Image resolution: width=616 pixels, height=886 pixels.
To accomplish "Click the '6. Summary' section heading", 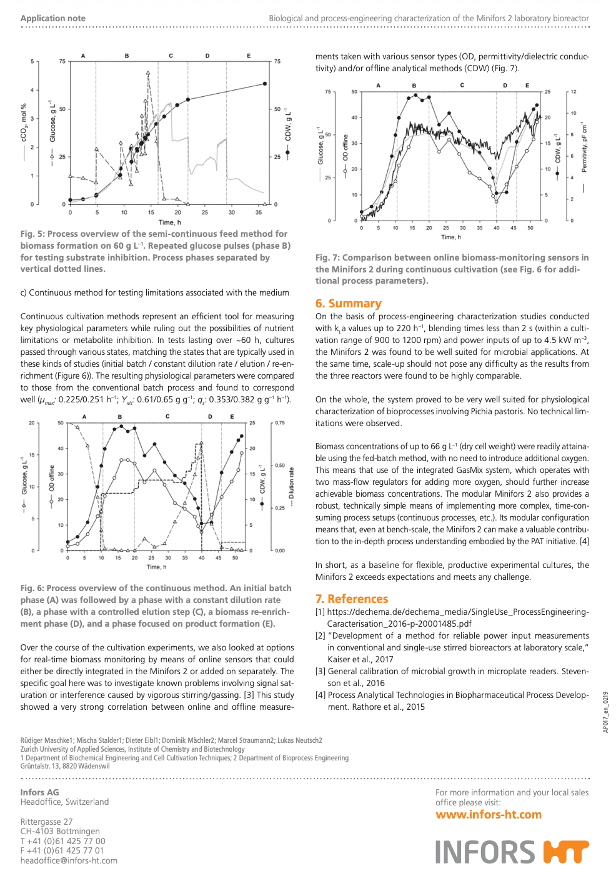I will click(x=348, y=304).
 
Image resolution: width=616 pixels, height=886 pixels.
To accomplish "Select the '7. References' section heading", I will click(x=351, y=599).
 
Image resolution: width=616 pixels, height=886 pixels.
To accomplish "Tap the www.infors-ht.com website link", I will click(x=488, y=815).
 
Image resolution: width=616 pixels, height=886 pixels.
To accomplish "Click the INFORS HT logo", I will click(x=512, y=852).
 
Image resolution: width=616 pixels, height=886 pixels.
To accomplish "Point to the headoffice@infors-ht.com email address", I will click(x=69, y=860).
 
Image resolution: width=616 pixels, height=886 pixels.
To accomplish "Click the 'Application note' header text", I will click(x=53, y=18).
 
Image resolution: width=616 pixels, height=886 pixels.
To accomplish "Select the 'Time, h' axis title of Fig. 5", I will click(x=169, y=222).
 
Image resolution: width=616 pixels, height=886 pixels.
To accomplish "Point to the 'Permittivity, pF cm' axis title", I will click(x=584, y=147).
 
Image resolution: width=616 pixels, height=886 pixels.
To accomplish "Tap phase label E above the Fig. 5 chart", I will click(x=249, y=56).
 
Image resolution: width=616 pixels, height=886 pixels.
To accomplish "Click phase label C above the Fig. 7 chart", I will click(x=462, y=86).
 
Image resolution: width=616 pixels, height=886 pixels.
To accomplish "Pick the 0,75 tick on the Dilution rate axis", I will click(x=279, y=423).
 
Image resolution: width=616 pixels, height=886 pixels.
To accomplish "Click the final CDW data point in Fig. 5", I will click(x=265, y=84).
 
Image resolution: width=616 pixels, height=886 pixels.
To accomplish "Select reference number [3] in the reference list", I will click(x=320, y=671).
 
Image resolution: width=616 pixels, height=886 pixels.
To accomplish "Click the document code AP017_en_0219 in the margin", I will click(x=605, y=712).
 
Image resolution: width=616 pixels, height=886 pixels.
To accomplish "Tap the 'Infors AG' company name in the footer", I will click(x=39, y=792).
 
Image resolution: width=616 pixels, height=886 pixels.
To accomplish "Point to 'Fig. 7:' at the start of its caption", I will click(x=327, y=257).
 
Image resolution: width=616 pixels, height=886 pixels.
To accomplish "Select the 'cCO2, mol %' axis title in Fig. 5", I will click(x=24, y=123).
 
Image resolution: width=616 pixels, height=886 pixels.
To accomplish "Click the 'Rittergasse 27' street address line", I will click(x=46, y=822).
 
